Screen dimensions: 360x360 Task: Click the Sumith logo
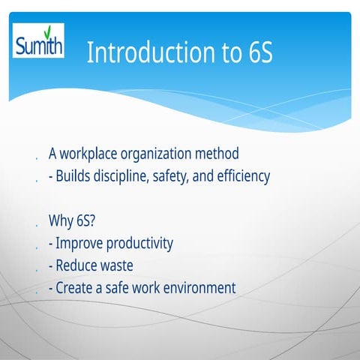[x=39, y=41]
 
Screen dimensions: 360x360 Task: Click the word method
[x=219, y=154]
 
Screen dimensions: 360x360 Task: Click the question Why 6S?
[x=72, y=221]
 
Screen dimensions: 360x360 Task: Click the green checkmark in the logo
[x=47, y=32]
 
